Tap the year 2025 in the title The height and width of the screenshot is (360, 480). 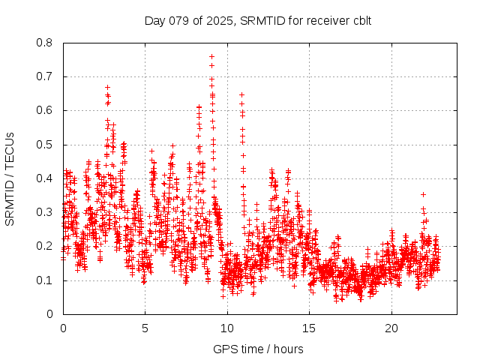[220, 20]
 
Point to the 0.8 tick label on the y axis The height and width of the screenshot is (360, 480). [45, 43]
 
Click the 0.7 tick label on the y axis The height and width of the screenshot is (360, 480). [45, 76]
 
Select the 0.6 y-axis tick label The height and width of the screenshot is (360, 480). [45, 110]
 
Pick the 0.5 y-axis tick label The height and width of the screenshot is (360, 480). [45, 145]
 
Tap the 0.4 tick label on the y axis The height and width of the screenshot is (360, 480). [45, 178]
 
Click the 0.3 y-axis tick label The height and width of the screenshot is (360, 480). [45, 212]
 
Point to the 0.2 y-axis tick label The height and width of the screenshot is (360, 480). [45, 247]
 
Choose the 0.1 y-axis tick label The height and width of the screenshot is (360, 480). [45, 280]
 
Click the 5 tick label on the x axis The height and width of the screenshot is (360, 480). [145, 328]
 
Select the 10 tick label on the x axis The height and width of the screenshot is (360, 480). [226, 328]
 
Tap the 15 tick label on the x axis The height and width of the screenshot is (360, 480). [309, 328]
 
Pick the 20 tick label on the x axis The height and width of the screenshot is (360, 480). [391, 328]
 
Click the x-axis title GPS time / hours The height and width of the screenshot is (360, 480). [258, 349]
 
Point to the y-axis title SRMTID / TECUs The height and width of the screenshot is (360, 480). [10, 178]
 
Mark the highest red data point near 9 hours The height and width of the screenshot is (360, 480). [211, 56]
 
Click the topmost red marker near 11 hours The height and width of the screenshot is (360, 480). [241, 94]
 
